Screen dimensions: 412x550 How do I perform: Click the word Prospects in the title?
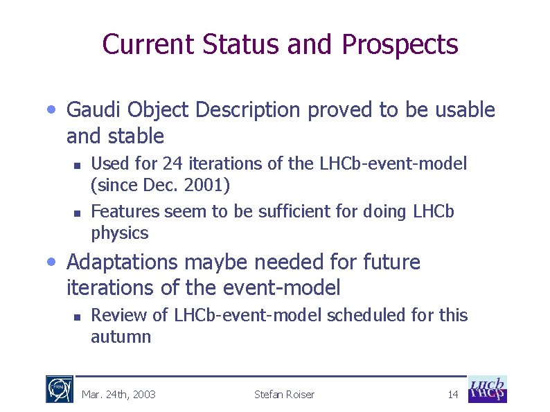[x=399, y=45]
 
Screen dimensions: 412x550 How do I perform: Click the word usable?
[x=465, y=110]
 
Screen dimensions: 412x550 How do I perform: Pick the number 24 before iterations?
[x=171, y=164]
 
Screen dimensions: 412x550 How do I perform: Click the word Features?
[x=122, y=211]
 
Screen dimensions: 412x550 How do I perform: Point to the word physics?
[x=119, y=233]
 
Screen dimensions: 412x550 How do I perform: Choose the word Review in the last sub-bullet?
[x=114, y=316]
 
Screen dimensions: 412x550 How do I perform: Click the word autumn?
[x=121, y=337]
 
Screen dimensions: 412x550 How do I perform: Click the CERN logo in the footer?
[x=59, y=389]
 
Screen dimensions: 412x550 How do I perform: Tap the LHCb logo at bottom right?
[x=487, y=389]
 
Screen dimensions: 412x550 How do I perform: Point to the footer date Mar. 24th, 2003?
[x=118, y=395]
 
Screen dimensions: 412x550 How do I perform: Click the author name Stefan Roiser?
[x=284, y=395]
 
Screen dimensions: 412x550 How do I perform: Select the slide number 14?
[x=453, y=395]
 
